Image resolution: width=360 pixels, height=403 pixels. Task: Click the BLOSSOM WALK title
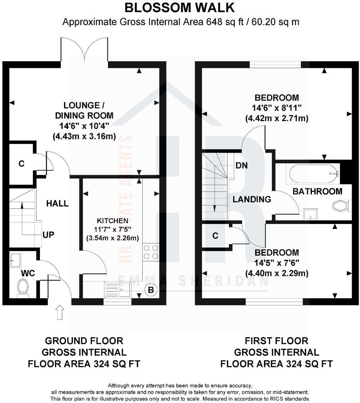(179, 7)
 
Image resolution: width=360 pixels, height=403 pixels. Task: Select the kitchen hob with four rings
(151, 252)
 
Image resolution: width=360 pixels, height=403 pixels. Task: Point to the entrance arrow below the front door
(59, 312)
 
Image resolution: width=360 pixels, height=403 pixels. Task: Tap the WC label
(28, 273)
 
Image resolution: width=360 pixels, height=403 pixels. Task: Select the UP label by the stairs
(48, 235)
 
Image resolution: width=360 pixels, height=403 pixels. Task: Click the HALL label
(57, 203)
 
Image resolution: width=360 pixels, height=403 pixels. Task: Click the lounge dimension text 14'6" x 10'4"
(84, 126)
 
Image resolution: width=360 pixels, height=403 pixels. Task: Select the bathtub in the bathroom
(312, 173)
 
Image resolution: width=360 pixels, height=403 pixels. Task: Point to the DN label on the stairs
(242, 165)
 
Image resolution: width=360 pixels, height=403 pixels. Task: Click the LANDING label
(252, 200)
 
